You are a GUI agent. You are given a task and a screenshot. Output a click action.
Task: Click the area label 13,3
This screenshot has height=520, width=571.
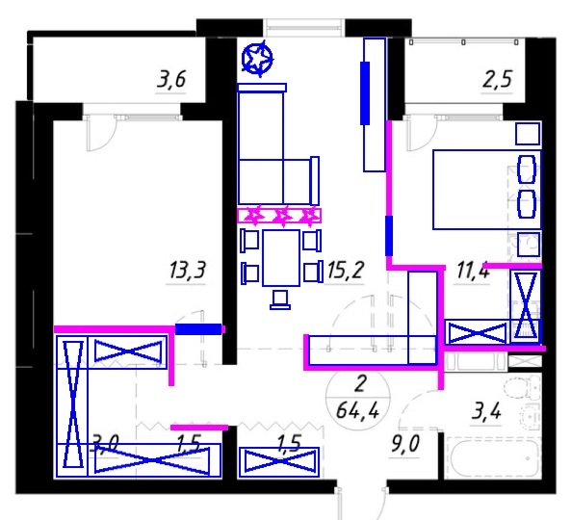(x=187, y=271)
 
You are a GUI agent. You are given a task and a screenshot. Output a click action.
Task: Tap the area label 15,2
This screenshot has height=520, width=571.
(x=345, y=270)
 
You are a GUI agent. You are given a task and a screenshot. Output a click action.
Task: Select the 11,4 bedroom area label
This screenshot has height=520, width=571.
(x=473, y=271)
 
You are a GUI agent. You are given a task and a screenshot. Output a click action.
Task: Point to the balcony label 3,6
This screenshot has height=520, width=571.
(x=171, y=79)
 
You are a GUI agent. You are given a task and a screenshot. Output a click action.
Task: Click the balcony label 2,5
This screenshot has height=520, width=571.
(x=497, y=79)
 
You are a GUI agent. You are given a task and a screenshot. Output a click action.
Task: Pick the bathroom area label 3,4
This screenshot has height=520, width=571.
(x=486, y=411)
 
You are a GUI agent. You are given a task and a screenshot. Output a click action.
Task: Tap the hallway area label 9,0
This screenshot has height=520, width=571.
(x=405, y=444)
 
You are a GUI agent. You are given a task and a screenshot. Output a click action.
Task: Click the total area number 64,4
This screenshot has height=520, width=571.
(x=357, y=410)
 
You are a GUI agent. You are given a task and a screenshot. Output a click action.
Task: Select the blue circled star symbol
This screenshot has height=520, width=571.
(x=257, y=59)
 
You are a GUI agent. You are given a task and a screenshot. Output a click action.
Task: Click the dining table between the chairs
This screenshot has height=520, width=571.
(x=281, y=258)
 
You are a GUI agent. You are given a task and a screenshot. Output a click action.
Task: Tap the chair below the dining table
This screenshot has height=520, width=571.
(x=280, y=300)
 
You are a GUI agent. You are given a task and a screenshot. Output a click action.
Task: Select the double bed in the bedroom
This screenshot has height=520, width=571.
(x=487, y=190)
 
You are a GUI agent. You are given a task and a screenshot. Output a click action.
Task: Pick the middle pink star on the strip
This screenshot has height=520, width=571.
(x=282, y=215)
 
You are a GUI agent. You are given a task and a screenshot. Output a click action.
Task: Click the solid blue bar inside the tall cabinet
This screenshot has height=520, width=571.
(x=365, y=93)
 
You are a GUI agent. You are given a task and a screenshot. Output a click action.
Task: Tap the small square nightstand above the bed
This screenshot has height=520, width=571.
(x=528, y=134)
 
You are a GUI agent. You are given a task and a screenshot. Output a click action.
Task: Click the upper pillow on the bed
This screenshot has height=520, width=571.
(x=526, y=169)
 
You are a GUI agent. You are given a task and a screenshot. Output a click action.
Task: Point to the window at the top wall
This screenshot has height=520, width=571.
(x=303, y=28)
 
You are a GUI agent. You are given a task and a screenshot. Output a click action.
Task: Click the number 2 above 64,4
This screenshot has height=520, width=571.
(x=360, y=384)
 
